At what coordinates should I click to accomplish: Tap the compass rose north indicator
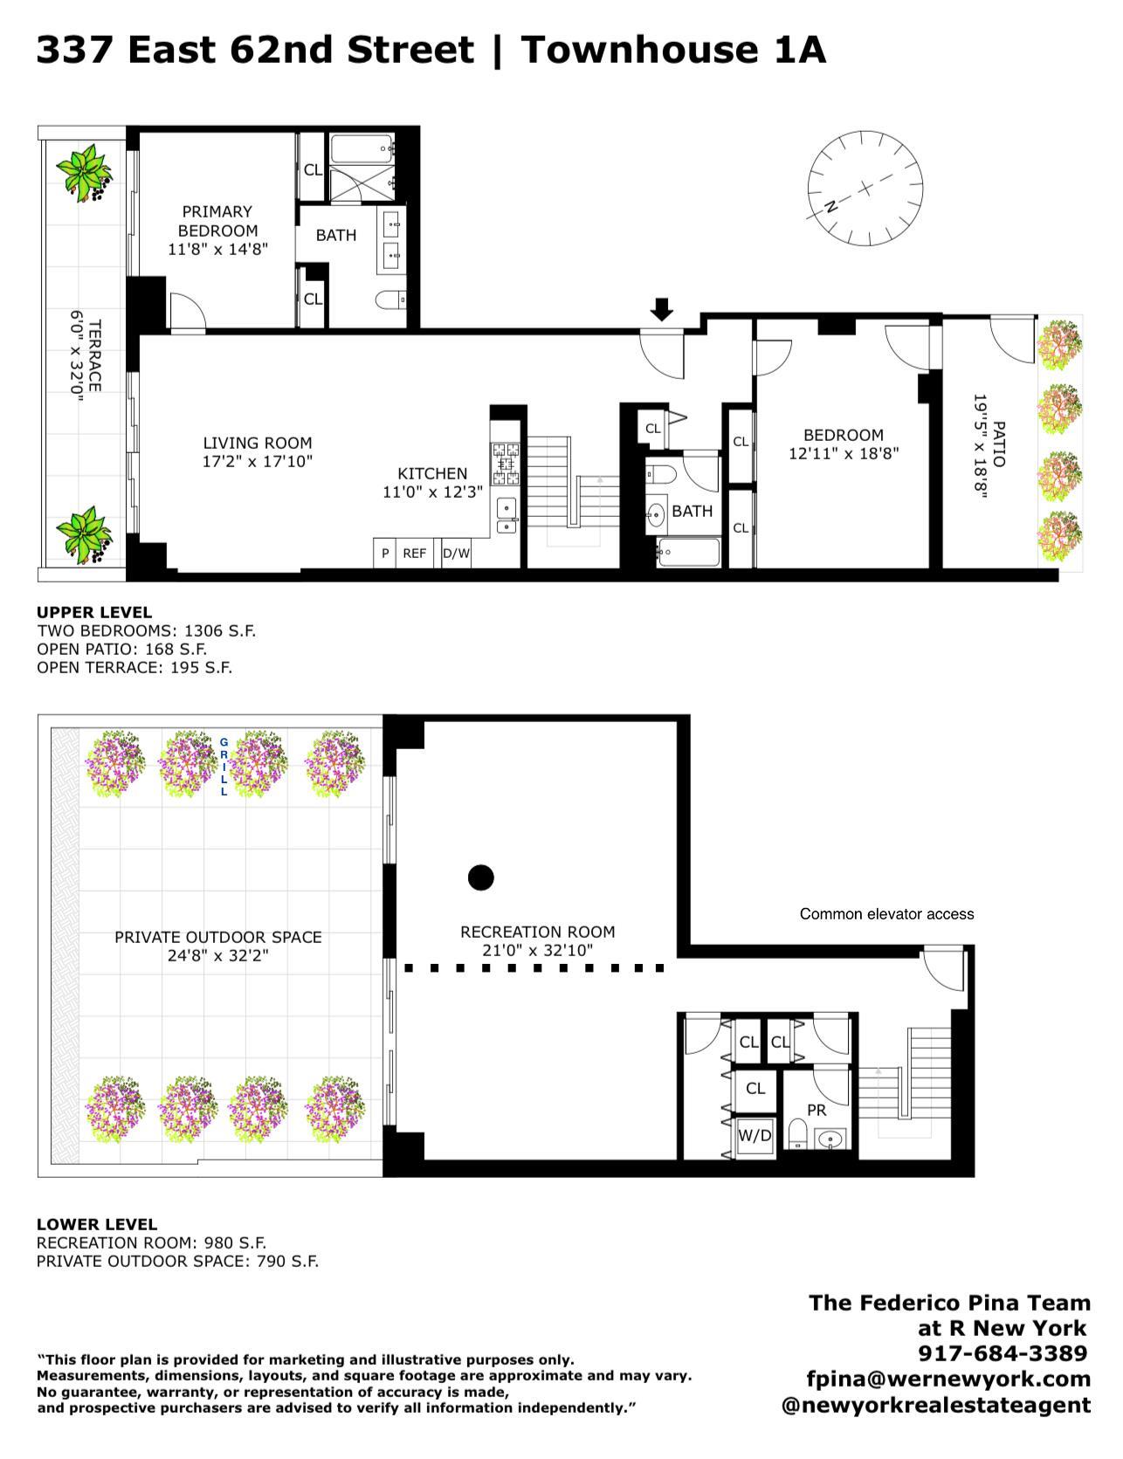point(830,207)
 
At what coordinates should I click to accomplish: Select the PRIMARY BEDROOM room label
point(217,221)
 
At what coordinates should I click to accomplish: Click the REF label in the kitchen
point(414,553)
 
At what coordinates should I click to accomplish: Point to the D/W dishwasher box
point(456,553)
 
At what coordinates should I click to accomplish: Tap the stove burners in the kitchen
point(506,464)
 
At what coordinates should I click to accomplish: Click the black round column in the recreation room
point(481,877)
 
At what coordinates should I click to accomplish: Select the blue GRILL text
point(224,767)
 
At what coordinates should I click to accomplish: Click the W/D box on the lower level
point(755,1136)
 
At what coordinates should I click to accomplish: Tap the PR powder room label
point(816,1111)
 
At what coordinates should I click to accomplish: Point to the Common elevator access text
point(886,914)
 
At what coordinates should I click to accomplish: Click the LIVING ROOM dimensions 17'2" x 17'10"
point(258,462)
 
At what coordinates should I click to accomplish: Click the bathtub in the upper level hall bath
point(689,553)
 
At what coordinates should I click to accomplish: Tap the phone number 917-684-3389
point(1002,1353)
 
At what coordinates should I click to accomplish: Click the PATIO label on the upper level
point(999,444)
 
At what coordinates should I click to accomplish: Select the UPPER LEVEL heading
point(94,612)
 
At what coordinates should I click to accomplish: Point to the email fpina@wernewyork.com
point(949,1379)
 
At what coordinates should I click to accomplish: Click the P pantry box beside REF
point(385,553)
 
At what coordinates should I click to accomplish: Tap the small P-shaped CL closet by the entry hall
point(654,428)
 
